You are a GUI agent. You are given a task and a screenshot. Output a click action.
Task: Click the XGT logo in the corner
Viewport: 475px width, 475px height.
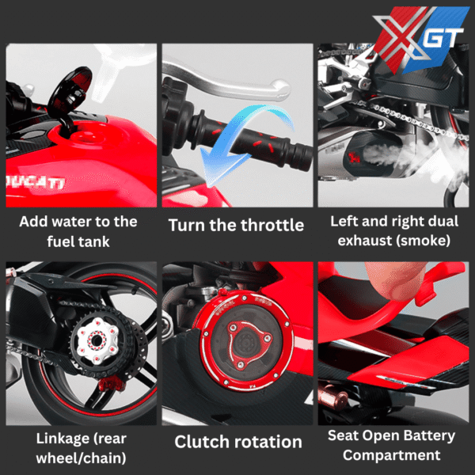click(421, 40)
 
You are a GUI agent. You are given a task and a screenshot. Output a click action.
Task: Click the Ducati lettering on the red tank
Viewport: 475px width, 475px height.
click(36, 181)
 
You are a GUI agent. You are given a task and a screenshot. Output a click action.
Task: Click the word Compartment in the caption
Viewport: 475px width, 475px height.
click(391, 456)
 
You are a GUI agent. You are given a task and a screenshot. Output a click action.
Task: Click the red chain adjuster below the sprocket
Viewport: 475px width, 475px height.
click(111, 384)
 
